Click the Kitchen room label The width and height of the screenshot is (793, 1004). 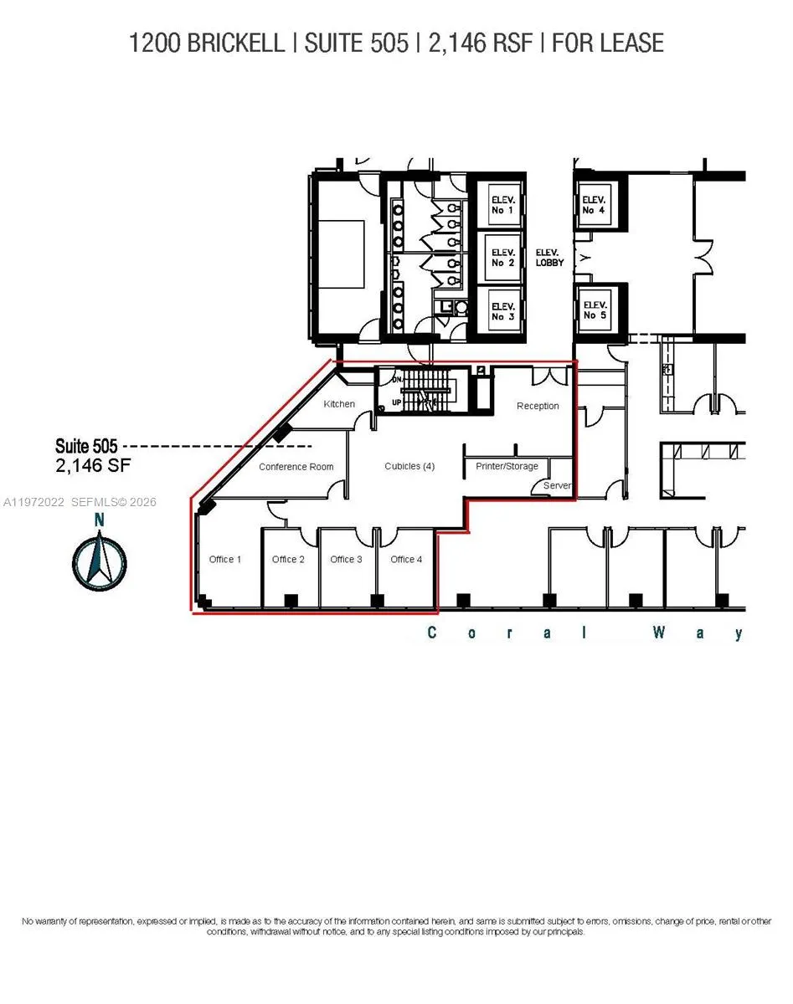coord(339,404)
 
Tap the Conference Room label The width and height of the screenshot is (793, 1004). coord(296,467)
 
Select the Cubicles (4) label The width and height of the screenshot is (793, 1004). coord(409,466)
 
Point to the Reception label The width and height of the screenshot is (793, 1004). coord(538,406)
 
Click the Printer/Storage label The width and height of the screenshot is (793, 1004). coord(507,466)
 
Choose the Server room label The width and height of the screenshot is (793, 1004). coord(557,485)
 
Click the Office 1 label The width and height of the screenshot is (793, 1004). coord(225,559)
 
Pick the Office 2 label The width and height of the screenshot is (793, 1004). coord(288,559)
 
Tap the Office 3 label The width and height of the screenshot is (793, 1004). coord(346,559)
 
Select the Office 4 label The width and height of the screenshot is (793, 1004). coord(406,559)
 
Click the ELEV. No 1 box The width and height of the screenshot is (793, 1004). coord(502,205)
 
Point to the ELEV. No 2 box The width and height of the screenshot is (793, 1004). coord(502,257)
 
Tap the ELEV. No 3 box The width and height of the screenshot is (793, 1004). coord(502,311)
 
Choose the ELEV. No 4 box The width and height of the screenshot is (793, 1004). coord(594,204)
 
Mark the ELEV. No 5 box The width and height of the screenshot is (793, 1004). coord(594,310)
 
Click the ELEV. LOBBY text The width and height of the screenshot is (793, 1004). coord(549,257)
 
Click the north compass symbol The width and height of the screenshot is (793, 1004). coord(100,561)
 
